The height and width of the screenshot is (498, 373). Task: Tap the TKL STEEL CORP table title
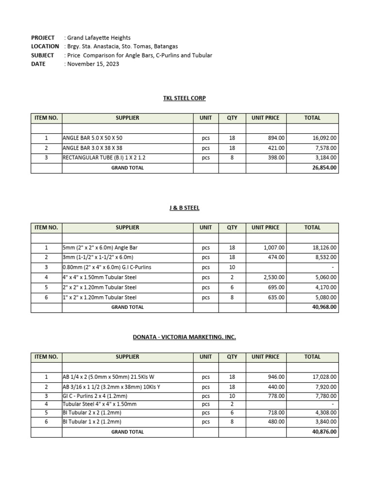(184, 98)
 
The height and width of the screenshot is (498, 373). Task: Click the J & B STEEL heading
(184, 208)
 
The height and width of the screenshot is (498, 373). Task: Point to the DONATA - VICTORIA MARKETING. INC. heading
(184, 337)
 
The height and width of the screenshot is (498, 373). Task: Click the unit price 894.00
(276, 138)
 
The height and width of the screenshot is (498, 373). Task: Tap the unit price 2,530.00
(274, 277)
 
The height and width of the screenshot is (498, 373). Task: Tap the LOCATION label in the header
(45, 46)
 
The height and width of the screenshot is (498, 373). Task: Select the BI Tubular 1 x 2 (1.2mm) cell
(92, 422)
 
